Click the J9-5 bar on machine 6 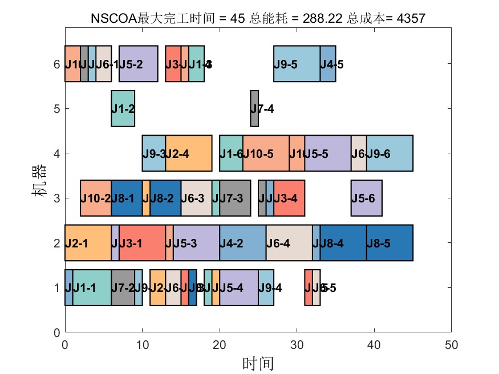[x=297, y=64]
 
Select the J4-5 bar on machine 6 [x=328, y=64]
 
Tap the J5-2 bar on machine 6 [x=138, y=64]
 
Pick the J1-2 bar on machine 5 [x=123, y=108]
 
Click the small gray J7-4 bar [x=254, y=108]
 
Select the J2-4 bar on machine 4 [x=189, y=153]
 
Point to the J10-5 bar [x=266, y=153]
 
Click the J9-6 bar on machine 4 [x=390, y=153]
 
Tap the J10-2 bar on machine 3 [x=96, y=198]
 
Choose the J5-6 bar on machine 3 [x=366, y=198]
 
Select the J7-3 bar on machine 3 [x=235, y=198]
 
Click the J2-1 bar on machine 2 [x=88, y=243]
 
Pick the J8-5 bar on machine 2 [x=390, y=243]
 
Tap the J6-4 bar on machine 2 [x=289, y=243]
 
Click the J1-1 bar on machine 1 [x=92, y=288]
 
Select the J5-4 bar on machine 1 [x=239, y=288]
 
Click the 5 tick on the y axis [x=56, y=108]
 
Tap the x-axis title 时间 [x=258, y=363]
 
